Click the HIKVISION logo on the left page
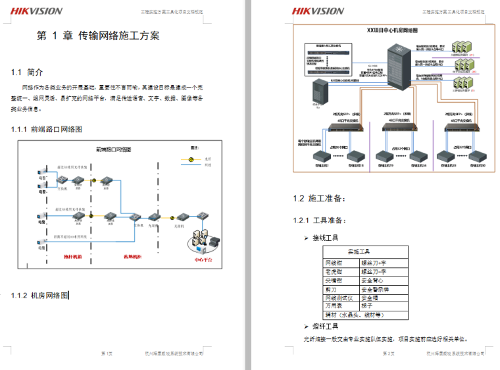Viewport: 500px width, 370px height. coord(36,11)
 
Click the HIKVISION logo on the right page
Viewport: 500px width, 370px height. coord(318,11)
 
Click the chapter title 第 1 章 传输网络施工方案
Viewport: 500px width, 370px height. coord(98,36)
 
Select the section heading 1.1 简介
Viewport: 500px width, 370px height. coord(27,72)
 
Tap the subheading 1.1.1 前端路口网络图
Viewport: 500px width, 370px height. coord(46,129)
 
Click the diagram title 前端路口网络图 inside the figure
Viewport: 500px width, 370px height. coord(113,149)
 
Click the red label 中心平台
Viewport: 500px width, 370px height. coord(203,259)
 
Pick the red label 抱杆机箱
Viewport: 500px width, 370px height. coord(72,257)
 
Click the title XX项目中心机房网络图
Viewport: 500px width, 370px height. coord(392,30)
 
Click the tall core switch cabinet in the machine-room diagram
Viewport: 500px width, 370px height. coord(397,66)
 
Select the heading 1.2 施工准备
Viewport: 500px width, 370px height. coord(318,198)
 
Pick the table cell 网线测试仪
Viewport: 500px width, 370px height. coord(339,298)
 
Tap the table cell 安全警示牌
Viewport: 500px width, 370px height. coord(375,289)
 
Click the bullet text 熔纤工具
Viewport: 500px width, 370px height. coord(326,327)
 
